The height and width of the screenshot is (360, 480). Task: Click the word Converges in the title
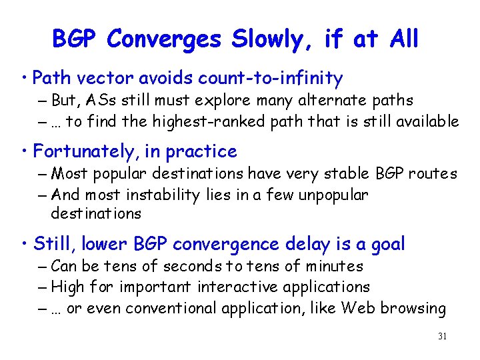163,39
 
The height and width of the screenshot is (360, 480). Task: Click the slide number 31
441,337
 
